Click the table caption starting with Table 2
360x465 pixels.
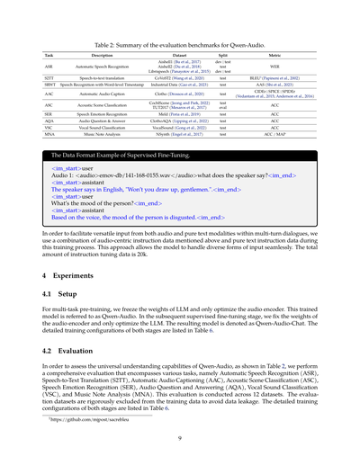(x=180, y=43)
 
